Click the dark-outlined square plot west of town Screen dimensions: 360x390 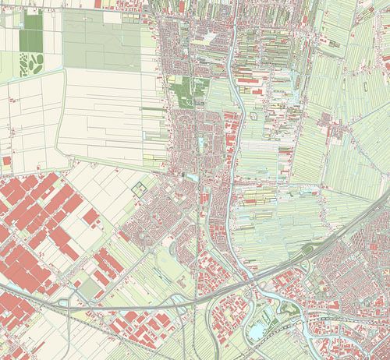(139, 188)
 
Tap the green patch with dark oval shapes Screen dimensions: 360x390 (32, 62)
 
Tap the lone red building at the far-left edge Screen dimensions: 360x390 (6, 161)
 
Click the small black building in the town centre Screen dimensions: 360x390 (184, 177)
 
